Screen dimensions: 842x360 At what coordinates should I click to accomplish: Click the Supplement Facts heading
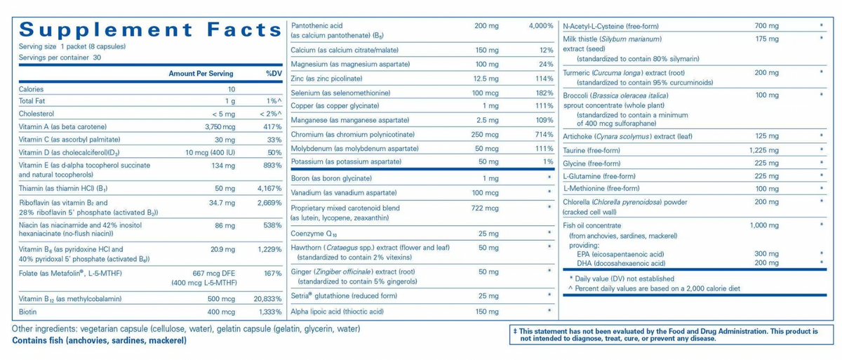[x=150, y=29]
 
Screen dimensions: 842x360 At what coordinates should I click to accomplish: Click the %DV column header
[x=274, y=74]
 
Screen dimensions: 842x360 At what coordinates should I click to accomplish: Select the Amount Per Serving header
[x=201, y=74]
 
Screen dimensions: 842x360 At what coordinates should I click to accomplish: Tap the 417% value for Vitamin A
[x=272, y=127]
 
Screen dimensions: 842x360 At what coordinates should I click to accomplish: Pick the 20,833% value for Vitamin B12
[x=267, y=299]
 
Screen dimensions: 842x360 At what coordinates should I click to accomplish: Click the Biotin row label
[x=28, y=312]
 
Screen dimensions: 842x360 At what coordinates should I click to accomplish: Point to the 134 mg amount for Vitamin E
[x=223, y=166]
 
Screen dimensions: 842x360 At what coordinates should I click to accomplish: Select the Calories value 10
[x=231, y=89]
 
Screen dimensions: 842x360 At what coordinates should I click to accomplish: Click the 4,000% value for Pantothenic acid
[x=541, y=26]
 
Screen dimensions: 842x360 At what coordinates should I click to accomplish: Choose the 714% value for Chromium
[x=544, y=135]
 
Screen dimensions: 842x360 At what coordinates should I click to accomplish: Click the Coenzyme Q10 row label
[x=314, y=234]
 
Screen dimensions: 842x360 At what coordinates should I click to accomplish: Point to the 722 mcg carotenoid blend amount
[x=485, y=208]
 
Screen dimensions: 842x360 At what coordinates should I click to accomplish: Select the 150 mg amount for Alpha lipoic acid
[x=487, y=312]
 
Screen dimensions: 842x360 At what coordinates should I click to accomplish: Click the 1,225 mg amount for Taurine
[x=764, y=151]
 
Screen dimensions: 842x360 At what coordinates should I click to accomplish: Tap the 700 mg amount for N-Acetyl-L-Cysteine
[x=766, y=26]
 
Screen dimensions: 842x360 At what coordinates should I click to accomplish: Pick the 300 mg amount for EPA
[x=766, y=254]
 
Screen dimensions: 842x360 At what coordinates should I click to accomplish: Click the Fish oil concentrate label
[x=592, y=226]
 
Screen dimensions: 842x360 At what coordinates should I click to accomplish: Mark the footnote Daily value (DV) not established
[x=622, y=279]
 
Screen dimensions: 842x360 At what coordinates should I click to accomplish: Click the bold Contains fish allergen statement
[x=99, y=341]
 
